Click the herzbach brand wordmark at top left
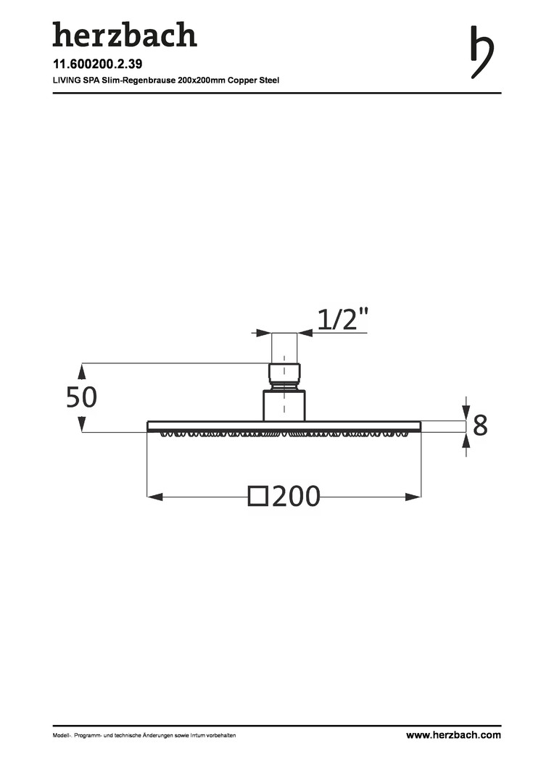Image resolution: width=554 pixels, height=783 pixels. point(125,35)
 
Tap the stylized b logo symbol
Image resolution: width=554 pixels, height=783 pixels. point(481,52)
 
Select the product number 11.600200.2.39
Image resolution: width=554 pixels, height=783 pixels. point(97,64)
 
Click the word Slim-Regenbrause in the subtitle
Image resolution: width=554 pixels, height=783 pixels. point(138,80)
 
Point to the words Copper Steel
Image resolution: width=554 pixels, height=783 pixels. point(253,80)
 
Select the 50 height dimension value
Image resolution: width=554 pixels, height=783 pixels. point(81,397)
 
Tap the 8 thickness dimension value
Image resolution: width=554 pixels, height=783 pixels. point(479,426)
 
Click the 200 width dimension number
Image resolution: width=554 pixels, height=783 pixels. point(297,497)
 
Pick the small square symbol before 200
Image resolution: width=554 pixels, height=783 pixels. point(257,497)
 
